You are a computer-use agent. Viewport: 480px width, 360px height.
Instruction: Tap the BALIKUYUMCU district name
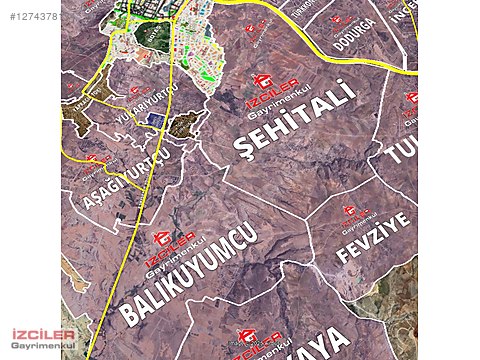point(188,273)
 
